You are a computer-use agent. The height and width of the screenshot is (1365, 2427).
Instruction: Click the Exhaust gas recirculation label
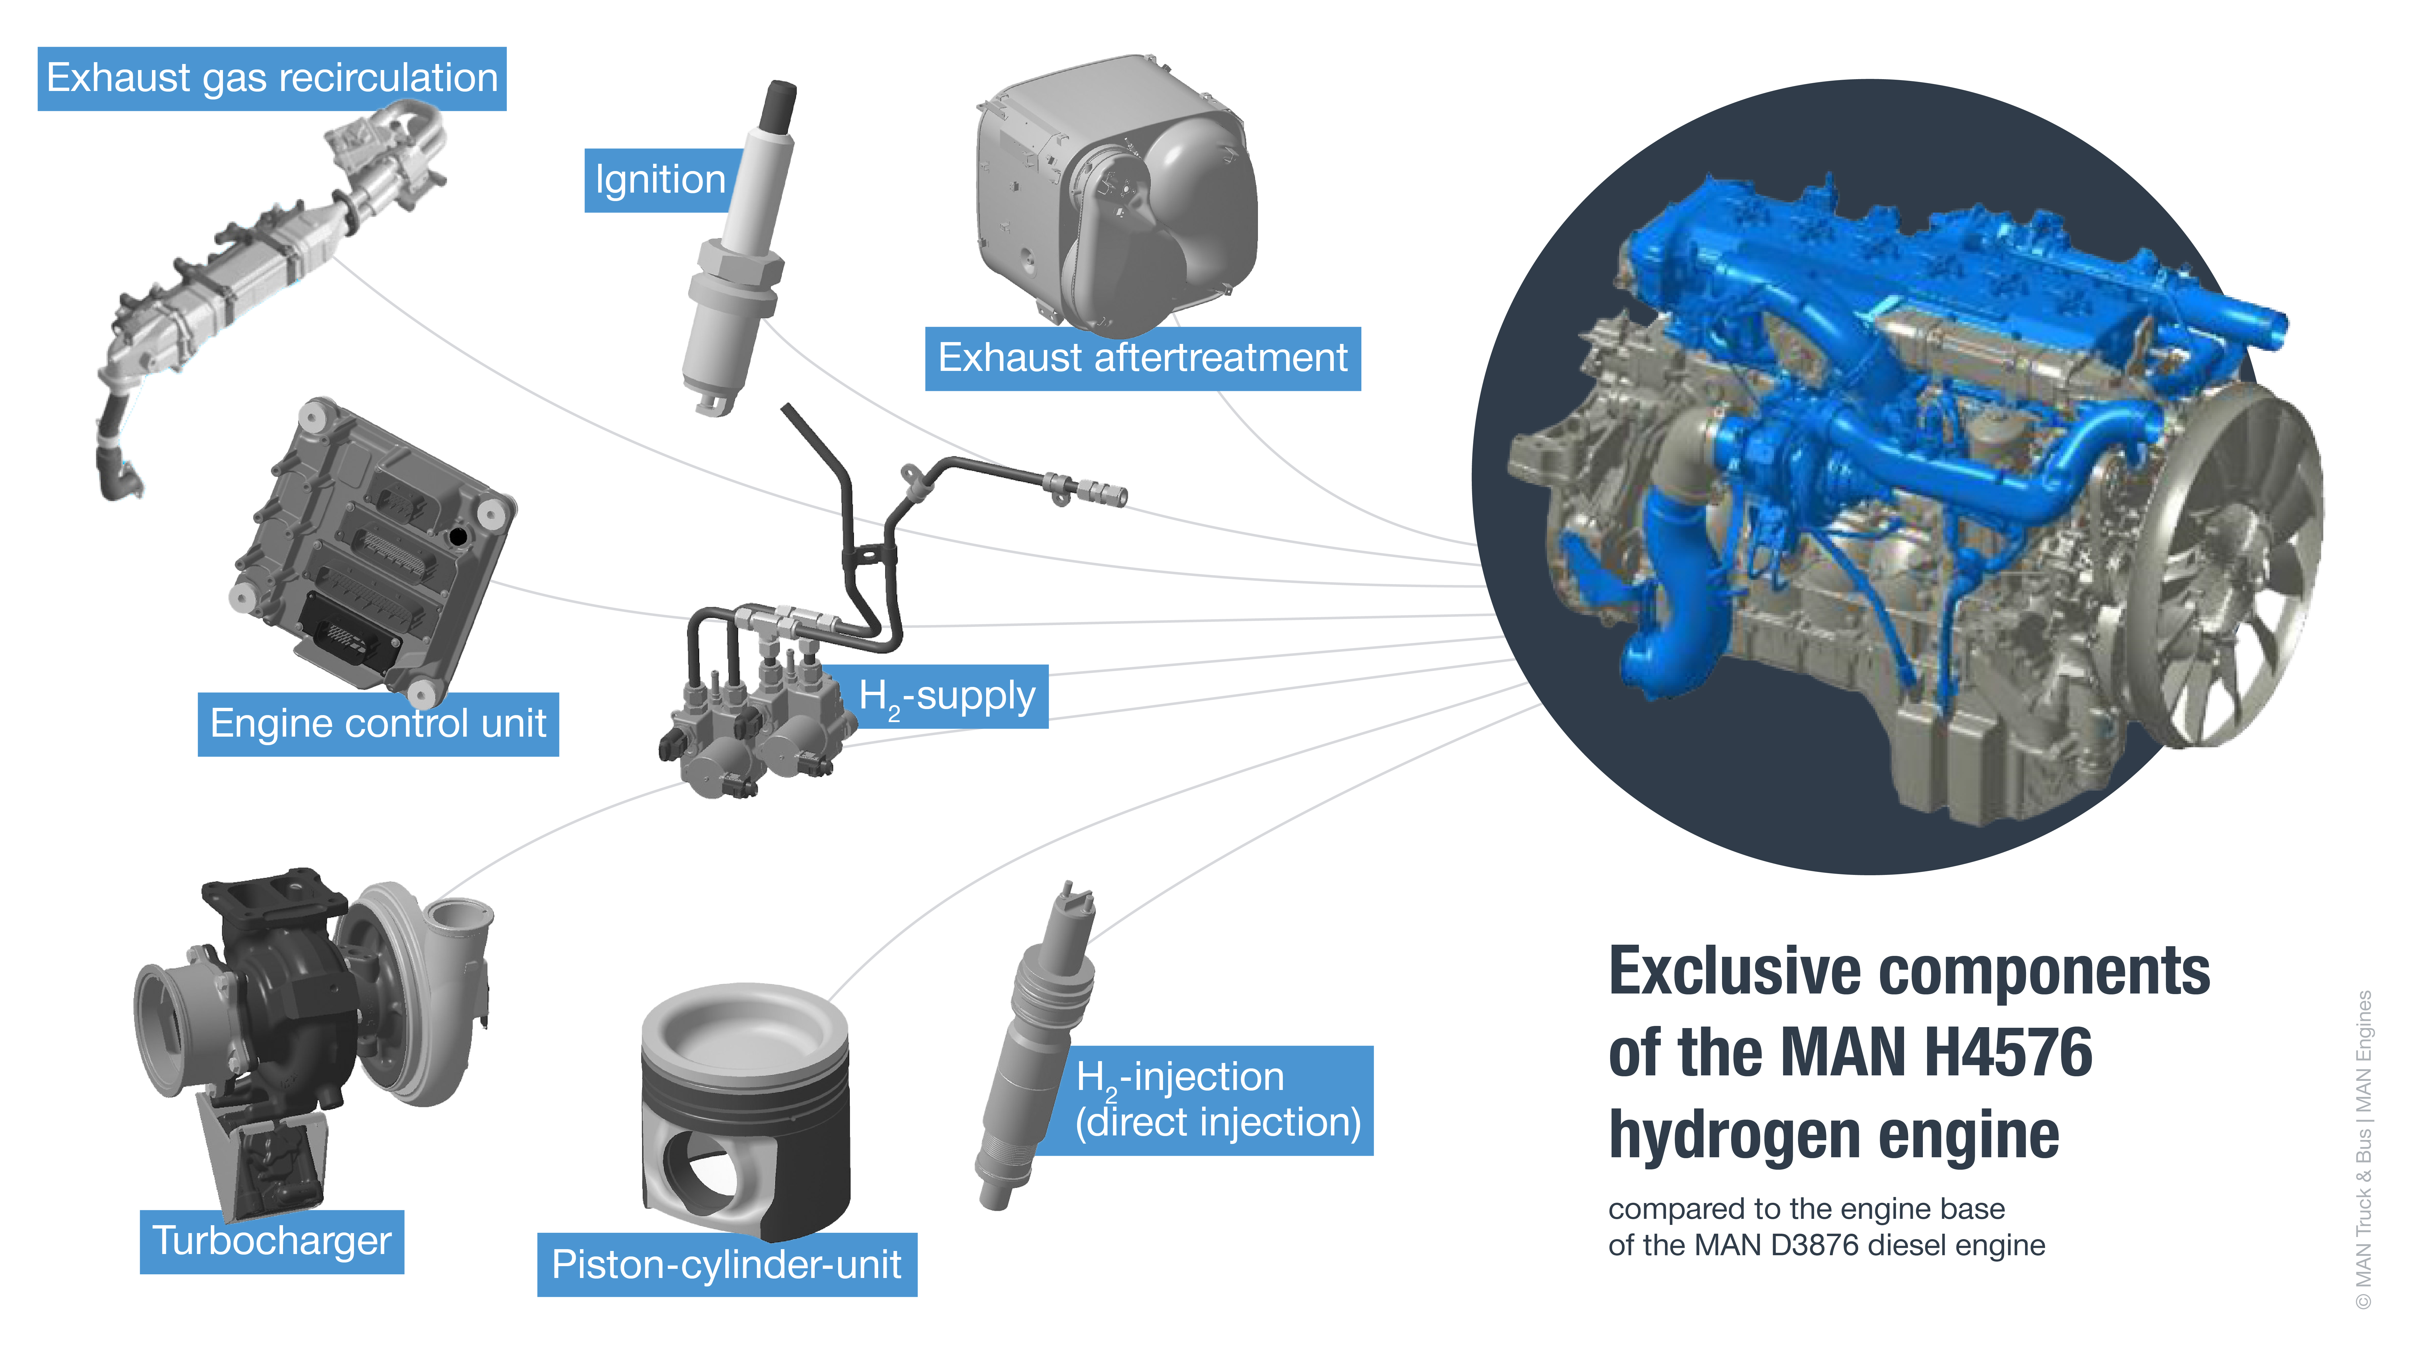tap(271, 78)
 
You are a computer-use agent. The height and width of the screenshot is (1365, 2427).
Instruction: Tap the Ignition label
tap(659, 180)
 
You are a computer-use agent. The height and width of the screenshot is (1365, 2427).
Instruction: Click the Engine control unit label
tap(378, 724)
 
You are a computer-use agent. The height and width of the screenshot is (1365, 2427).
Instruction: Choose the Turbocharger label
tap(271, 1242)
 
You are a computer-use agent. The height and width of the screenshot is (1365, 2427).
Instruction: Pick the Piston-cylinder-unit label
tap(726, 1264)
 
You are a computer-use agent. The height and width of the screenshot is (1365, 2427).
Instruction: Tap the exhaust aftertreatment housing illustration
tap(1117, 198)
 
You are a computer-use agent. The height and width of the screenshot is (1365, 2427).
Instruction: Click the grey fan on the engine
tap(2233, 565)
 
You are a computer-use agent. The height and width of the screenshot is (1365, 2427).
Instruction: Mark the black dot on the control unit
tap(458, 536)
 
